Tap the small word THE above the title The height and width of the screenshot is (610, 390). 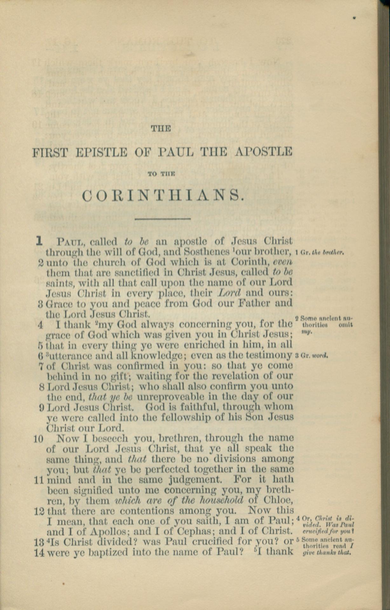pos(161,129)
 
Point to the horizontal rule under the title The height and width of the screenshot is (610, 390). pos(162,219)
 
